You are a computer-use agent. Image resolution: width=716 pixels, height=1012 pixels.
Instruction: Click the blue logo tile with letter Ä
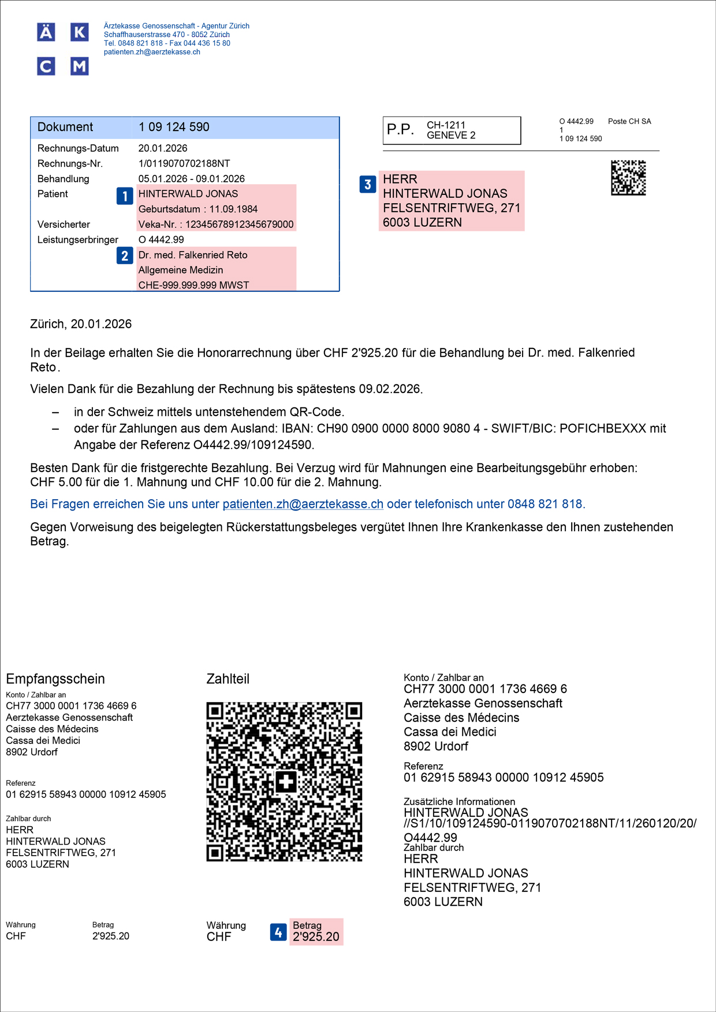pyautogui.click(x=46, y=32)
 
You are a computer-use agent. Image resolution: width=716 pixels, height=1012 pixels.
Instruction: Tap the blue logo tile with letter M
pyautogui.click(x=80, y=66)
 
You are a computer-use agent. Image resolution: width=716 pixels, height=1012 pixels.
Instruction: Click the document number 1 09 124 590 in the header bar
pyautogui.click(x=174, y=127)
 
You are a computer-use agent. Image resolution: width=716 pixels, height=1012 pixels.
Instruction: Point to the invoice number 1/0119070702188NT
pyautogui.click(x=184, y=164)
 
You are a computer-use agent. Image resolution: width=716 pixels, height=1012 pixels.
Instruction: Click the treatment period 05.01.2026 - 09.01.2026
pyautogui.click(x=192, y=179)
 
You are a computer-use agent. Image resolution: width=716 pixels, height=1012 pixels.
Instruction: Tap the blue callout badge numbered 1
pyautogui.click(x=125, y=196)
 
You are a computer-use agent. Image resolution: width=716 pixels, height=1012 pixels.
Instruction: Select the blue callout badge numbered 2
pyautogui.click(x=125, y=256)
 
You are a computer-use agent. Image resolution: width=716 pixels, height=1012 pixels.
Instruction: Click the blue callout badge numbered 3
pyautogui.click(x=368, y=185)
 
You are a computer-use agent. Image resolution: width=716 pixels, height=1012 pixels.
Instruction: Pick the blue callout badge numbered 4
pyautogui.click(x=278, y=932)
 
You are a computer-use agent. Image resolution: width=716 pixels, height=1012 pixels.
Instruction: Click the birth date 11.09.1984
pyautogui.click(x=233, y=209)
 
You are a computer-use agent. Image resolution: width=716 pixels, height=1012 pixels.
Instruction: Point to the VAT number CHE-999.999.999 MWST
pyautogui.click(x=193, y=285)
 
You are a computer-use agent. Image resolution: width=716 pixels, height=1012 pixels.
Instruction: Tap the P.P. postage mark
pyautogui.click(x=400, y=130)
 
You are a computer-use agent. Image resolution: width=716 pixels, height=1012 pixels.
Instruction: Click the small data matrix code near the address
pyautogui.click(x=628, y=178)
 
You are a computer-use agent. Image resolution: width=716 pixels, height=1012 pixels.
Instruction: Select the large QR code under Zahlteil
pyautogui.click(x=284, y=782)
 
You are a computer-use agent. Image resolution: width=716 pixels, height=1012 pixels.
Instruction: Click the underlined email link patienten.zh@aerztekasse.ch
pyautogui.click(x=303, y=504)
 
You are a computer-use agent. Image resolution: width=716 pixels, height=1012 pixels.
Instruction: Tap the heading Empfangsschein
pyautogui.click(x=55, y=679)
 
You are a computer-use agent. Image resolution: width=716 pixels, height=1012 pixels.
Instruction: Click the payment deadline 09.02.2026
pyautogui.click(x=390, y=389)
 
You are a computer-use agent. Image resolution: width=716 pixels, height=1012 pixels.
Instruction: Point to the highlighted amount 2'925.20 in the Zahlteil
pyautogui.click(x=316, y=937)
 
